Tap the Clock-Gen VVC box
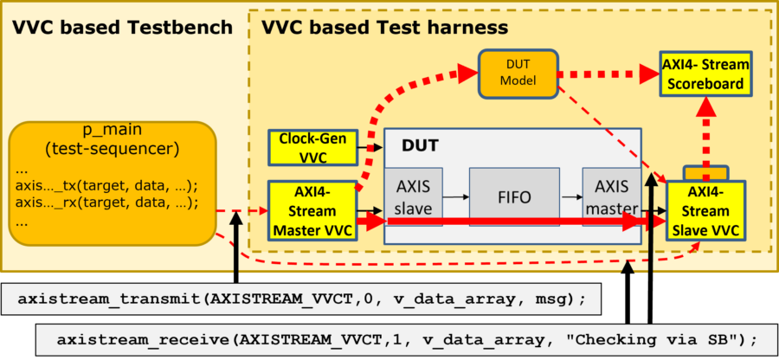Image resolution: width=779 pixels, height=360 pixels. [x=312, y=147]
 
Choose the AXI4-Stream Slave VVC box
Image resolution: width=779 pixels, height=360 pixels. [x=705, y=211]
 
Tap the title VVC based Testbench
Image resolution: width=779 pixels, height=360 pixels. [x=122, y=27]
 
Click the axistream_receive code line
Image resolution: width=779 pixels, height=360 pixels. [x=407, y=339]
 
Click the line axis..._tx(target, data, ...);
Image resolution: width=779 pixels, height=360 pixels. [x=106, y=185]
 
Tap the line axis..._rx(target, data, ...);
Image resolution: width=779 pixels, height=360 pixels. [x=106, y=203]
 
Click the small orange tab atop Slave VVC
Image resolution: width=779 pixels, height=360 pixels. [x=706, y=173]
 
